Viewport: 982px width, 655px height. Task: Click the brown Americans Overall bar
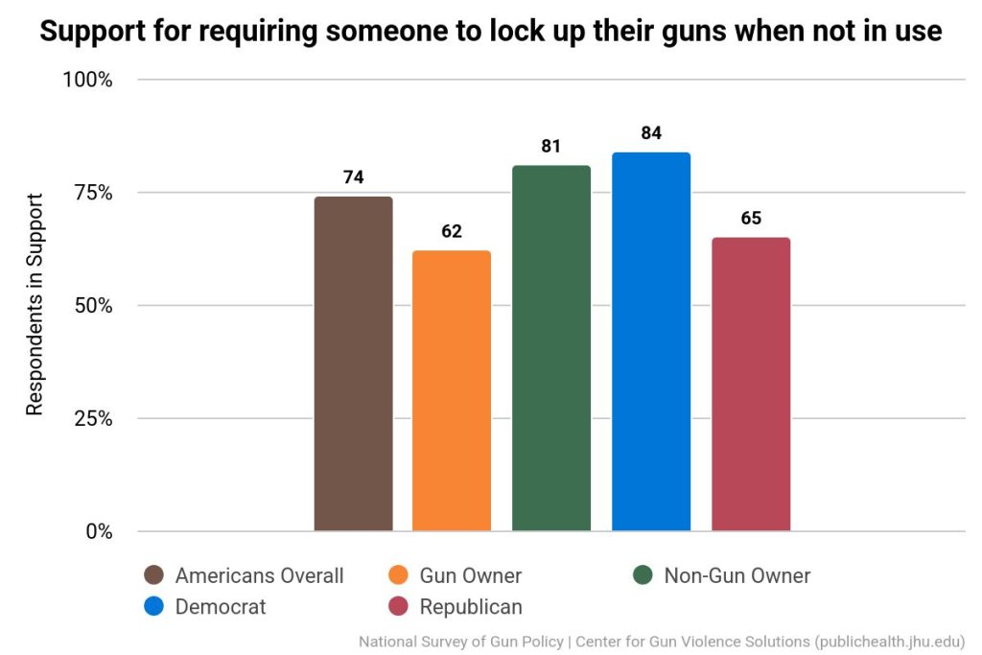[x=353, y=363]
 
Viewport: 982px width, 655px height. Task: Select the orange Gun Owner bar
[x=452, y=390]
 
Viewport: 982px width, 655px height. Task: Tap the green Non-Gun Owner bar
[x=551, y=348]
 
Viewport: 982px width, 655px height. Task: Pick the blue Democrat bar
[x=651, y=341]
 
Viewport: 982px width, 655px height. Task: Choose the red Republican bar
[x=751, y=384]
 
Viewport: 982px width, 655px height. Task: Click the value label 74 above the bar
[x=353, y=177]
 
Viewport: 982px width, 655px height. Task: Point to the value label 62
[x=452, y=231]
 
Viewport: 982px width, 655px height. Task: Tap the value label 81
[x=550, y=147]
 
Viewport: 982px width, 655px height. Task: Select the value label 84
[x=651, y=133]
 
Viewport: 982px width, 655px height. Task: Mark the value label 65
[x=751, y=219]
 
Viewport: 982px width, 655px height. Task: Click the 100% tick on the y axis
[x=88, y=80]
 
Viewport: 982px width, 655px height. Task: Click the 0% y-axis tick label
[x=98, y=531]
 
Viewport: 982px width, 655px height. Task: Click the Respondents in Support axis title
[x=35, y=305]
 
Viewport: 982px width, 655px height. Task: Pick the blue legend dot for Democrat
[x=153, y=606]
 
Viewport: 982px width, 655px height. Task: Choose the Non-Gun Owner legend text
[x=736, y=575]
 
